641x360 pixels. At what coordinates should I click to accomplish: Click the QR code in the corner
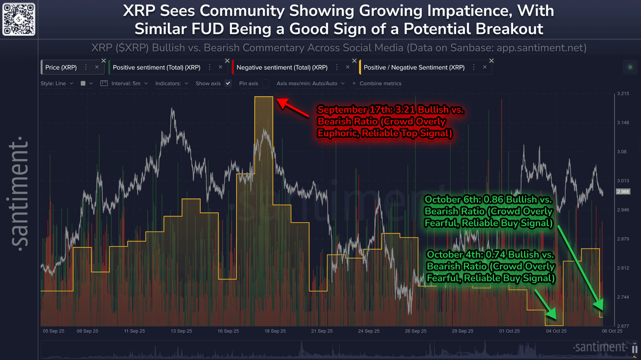19,19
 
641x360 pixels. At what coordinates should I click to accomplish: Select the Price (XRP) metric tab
61,67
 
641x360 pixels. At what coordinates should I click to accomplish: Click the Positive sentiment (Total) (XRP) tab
156,67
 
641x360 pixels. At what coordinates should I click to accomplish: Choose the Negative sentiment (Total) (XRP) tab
282,67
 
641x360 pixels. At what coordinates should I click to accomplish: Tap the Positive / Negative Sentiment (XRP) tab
414,67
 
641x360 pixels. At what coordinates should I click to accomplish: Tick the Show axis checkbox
228,83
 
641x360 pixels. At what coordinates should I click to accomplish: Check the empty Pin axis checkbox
265,83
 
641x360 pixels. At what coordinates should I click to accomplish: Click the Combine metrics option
380,83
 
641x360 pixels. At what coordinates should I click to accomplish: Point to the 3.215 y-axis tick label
623,93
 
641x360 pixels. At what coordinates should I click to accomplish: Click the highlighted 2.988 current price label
623,191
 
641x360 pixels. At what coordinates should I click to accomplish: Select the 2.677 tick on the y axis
623,326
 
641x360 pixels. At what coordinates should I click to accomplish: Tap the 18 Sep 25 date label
275,331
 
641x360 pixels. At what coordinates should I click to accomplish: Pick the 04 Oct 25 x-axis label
556,331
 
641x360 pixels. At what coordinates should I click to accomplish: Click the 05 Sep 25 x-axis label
53,331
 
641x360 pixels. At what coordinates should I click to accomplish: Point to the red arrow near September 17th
293,108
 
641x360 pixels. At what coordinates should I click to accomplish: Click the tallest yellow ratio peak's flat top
264,97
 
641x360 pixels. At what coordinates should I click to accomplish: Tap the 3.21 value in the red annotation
405,110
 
